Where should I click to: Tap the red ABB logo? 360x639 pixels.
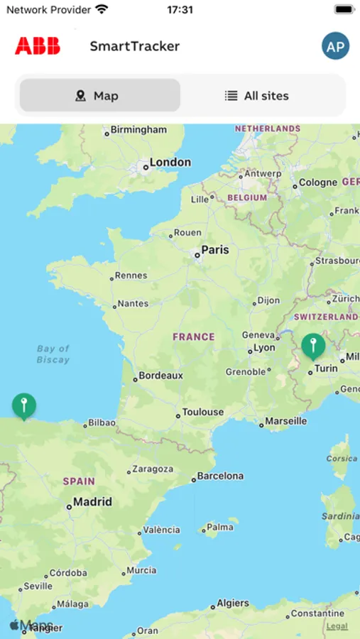(x=38, y=46)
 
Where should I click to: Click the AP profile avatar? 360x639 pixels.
(x=335, y=46)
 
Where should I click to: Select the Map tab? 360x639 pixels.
(x=99, y=95)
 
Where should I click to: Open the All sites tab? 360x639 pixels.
(x=257, y=95)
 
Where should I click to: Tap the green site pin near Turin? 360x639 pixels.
(x=313, y=346)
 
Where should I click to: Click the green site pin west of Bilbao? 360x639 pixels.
(x=24, y=406)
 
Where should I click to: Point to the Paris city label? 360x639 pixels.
(x=214, y=250)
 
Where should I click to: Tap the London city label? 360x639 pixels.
(x=169, y=163)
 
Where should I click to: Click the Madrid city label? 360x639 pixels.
(x=92, y=502)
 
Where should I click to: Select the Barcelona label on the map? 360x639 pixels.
(x=219, y=476)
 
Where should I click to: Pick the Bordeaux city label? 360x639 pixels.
(x=160, y=376)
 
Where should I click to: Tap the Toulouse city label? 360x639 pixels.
(x=202, y=413)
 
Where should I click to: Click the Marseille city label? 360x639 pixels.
(x=286, y=421)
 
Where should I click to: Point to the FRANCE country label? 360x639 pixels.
(x=193, y=337)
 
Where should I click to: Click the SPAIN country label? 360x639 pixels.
(x=78, y=481)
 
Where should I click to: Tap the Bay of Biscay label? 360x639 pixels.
(x=53, y=354)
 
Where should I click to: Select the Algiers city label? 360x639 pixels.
(x=233, y=603)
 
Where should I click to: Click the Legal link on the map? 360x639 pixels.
(x=337, y=626)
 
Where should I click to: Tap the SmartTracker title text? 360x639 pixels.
(x=134, y=46)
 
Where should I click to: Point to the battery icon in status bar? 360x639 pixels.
(x=344, y=10)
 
